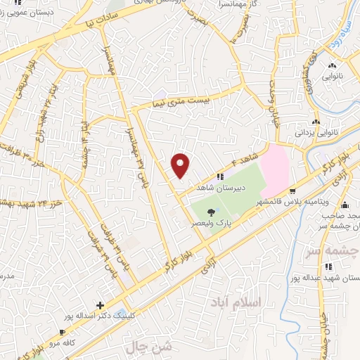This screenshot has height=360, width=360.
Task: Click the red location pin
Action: [181, 165]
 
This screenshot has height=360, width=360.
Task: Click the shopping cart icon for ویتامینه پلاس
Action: [292, 190]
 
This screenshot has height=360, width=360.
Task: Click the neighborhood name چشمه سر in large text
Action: [336, 250]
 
